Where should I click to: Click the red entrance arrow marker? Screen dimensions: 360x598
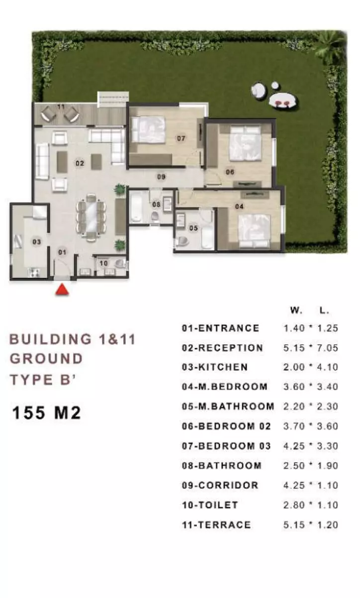tap(62, 290)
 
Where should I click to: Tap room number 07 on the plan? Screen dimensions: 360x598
tap(181, 138)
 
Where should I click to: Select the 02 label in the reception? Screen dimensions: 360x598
tap(80, 163)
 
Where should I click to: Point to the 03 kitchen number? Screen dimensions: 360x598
tap(37, 242)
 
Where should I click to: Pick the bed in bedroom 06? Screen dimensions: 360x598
tap(245, 144)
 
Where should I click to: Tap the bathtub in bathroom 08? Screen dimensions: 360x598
tap(136, 206)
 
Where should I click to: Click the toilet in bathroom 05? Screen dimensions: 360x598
tap(181, 241)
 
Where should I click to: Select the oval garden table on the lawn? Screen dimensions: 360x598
tap(282, 100)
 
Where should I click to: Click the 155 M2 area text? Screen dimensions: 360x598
tap(46, 413)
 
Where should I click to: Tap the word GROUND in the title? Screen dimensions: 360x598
tap(46, 359)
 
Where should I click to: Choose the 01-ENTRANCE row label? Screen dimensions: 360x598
tap(220, 328)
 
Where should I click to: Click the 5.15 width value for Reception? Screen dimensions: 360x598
tap(294, 348)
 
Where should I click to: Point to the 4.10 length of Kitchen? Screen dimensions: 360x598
tap(328, 367)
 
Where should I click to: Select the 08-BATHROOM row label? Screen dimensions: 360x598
tap(221, 466)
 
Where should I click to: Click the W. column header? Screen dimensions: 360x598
tap(296, 310)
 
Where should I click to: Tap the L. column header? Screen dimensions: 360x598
tap(324, 310)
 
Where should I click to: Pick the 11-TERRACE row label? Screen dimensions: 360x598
tap(216, 525)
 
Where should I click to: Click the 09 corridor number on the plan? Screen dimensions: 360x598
tap(161, 177)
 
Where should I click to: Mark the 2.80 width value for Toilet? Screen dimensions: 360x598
tap(294, 505)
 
